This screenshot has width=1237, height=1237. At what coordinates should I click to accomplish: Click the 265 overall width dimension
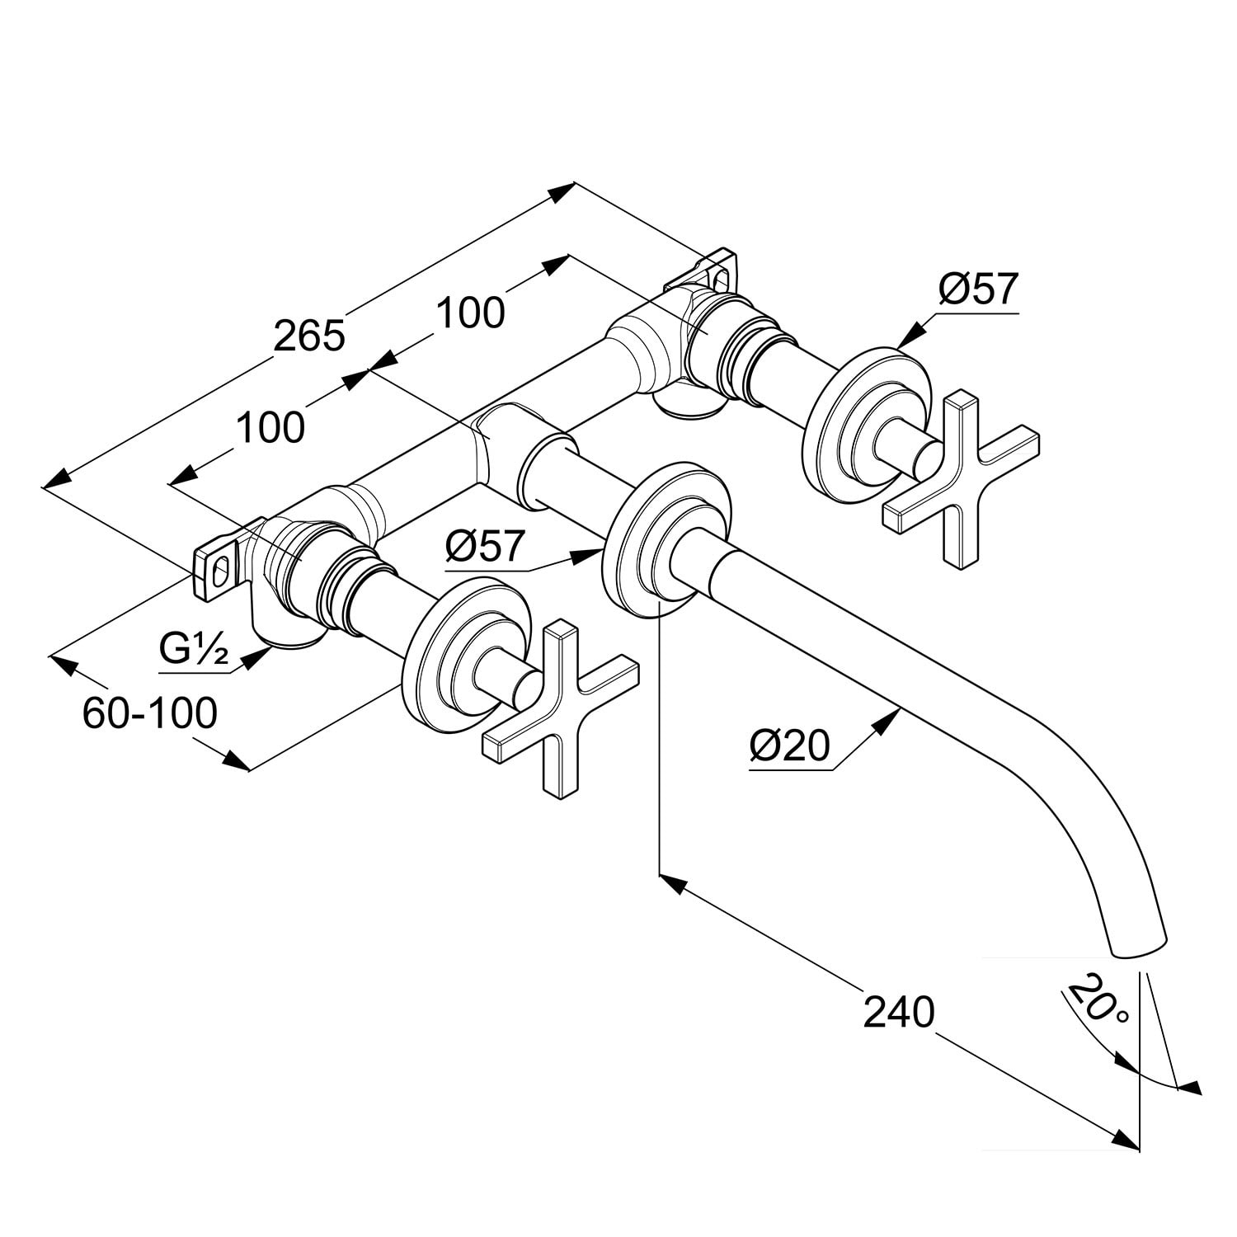pyautogui.click(x=308, y=336)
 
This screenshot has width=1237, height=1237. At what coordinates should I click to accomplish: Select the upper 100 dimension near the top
pyautogui.click(x=469, y=313)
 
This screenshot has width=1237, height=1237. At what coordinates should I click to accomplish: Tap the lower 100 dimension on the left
pyautogui.click(x=270, y=428)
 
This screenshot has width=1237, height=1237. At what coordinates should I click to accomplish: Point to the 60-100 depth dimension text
pyautogui.click(x=149, y=713)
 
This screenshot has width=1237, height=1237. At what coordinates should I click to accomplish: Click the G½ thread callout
pyautogui.click(x=194, y=651)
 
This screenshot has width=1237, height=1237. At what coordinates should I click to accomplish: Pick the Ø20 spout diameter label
pyautogui.click(x=788, y=746)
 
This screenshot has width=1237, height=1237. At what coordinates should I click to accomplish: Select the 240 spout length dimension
pyautogui.click(x=898, y=1012)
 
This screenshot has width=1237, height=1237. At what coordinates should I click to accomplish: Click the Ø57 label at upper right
pyautogui.click(x=979, y=289)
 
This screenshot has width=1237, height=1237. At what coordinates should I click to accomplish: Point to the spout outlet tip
pyautogui.click(x=1141, y=947)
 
